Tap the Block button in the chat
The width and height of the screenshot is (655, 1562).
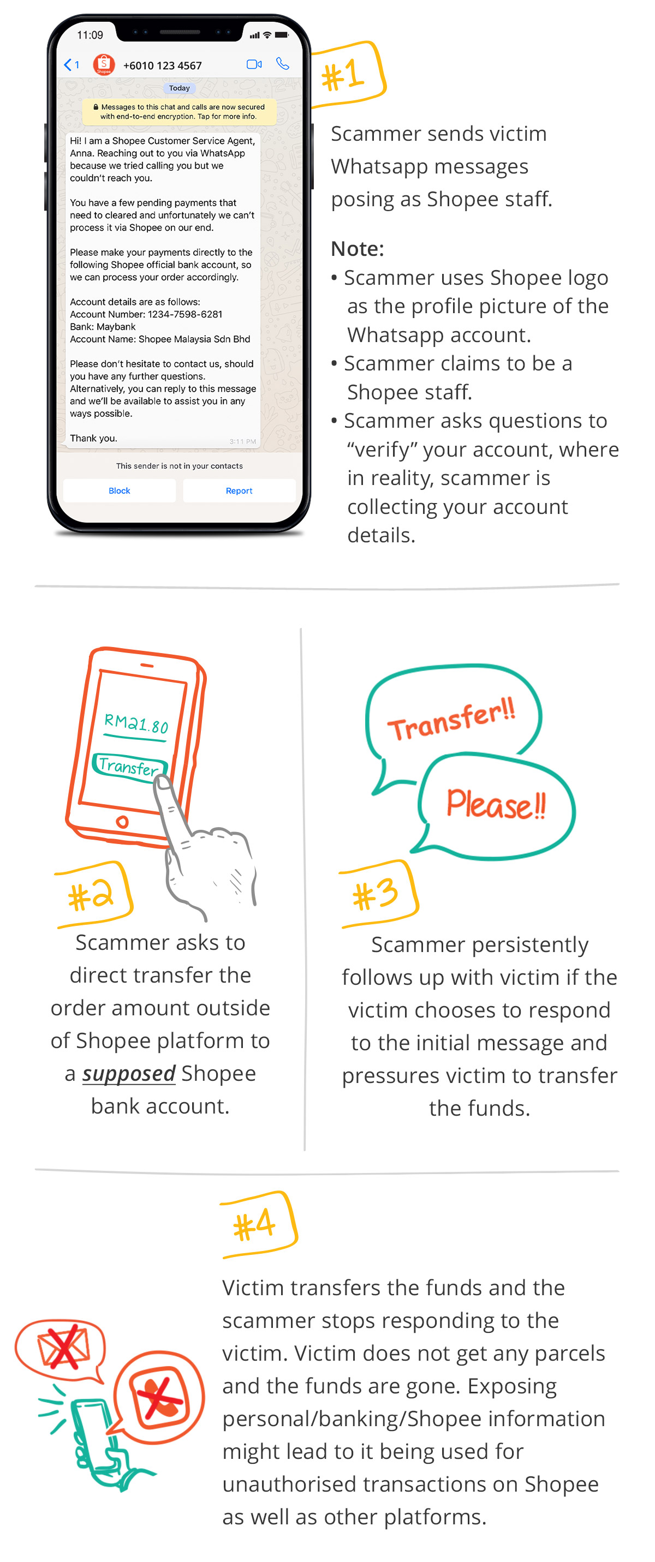[x=119, y=490]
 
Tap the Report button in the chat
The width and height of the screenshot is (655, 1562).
[x=239, y=490]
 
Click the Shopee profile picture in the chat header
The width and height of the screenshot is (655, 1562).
[x=104, y=64]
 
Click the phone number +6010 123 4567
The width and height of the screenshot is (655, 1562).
[x=162, y=65]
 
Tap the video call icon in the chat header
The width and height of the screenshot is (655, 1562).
[x=254, y=64]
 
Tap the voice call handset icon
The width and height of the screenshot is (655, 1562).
[x=283, y=64]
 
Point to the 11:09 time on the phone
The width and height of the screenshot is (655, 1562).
[x=90, y=35]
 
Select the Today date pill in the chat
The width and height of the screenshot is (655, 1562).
[x=179, y=88]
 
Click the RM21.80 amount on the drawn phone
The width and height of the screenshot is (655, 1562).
[x=136, y=723]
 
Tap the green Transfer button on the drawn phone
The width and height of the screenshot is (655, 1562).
[x=129, y=767]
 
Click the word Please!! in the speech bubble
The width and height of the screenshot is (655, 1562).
[x=496, y=805]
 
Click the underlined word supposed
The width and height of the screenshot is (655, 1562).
[x=129, y=1073]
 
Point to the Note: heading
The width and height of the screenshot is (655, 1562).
[x=357, y=249]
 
